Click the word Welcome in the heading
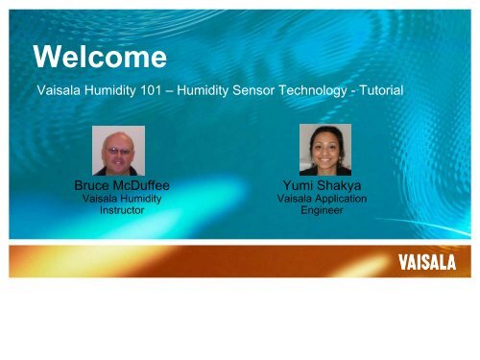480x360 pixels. click(99, 59)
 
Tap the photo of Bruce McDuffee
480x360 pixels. click(118, 151)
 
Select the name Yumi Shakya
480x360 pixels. click(322, 185)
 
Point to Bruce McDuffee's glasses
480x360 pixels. click(118, 146)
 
